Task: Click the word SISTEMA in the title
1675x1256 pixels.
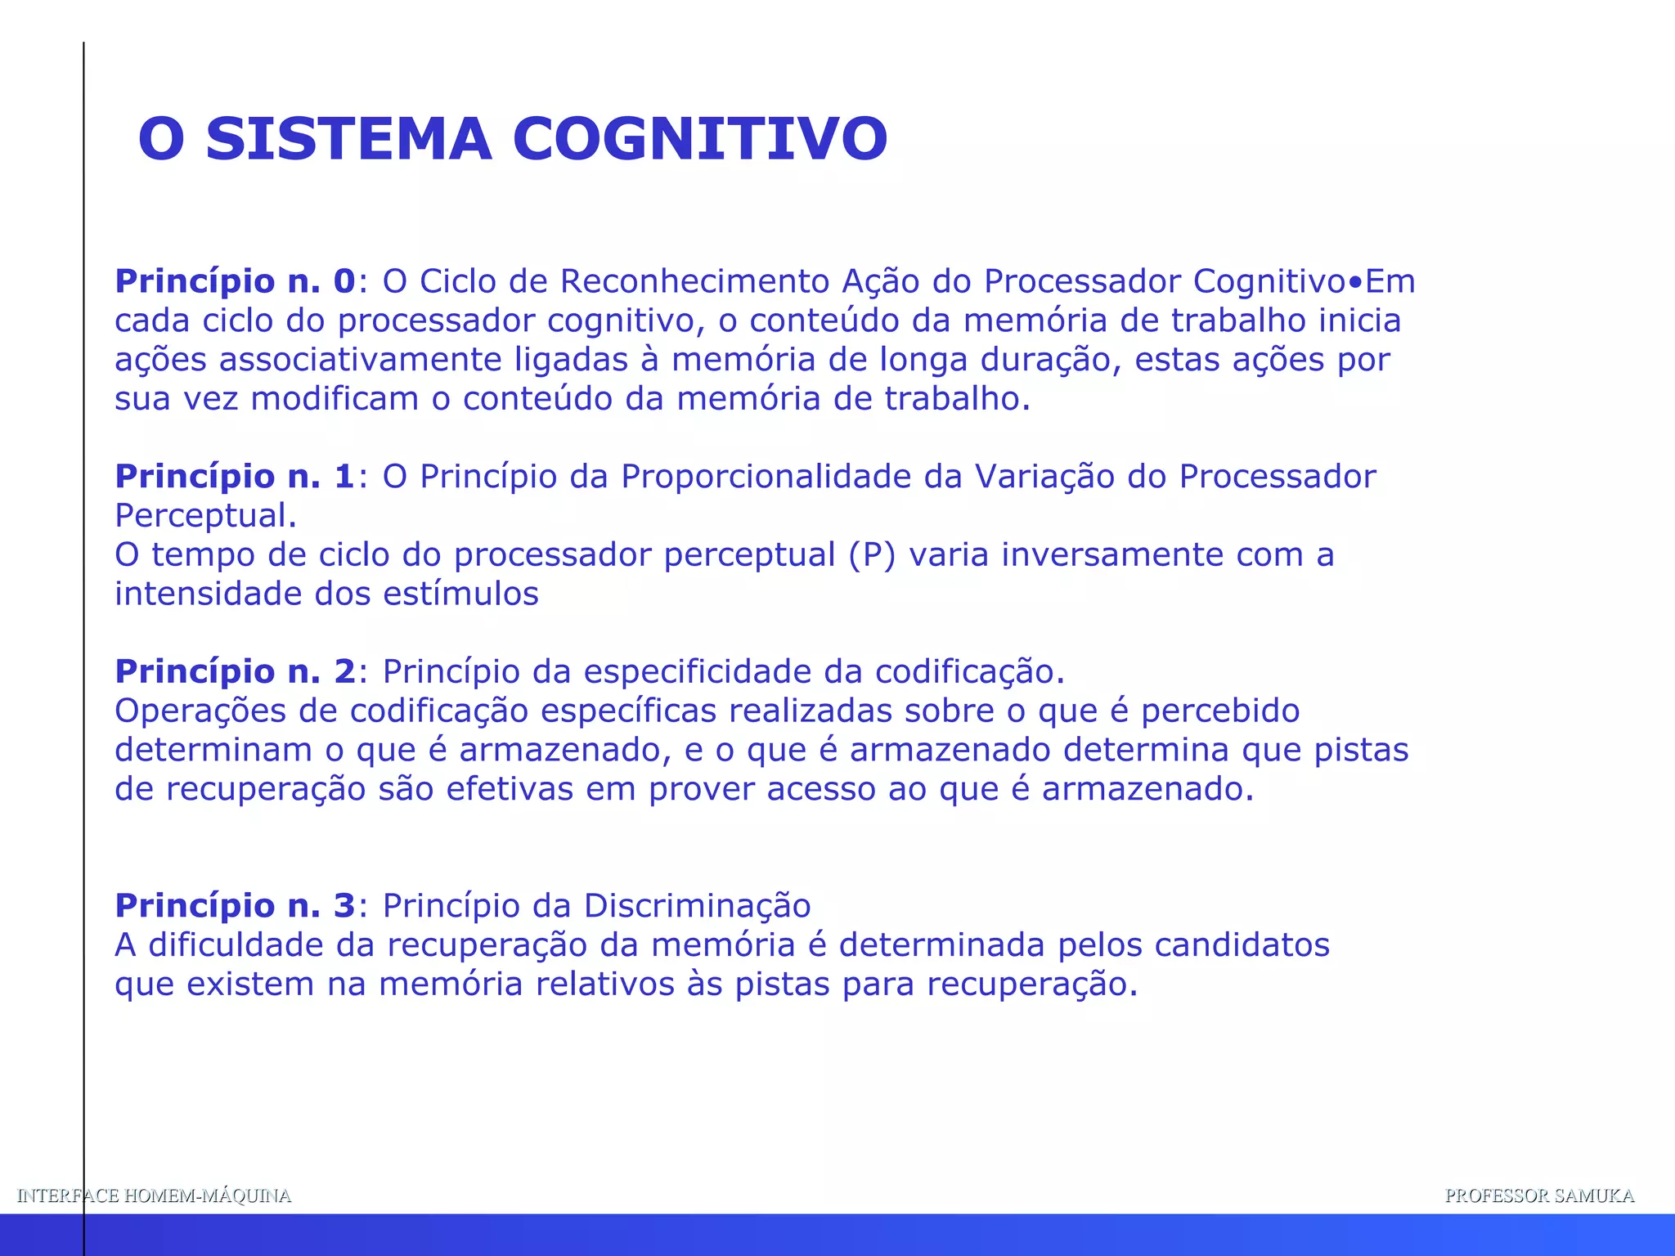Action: click(x=348, y=139)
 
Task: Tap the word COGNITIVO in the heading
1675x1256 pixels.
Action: click(x=700, y=139)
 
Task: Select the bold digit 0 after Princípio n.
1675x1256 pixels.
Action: click(x=344, y=281)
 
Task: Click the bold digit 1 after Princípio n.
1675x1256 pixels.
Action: click(x=344, y=477)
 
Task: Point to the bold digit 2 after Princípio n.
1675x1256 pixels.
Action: click(x=344, y=672)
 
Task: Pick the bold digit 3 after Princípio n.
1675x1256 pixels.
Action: click(x=344, y=906)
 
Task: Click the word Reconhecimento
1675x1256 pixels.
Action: click(x=695, y=281)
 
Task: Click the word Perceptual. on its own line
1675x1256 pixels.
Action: click(x=205, y=517)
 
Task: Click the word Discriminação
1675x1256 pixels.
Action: click(x=697, y=906)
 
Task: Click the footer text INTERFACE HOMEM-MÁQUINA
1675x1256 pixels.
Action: click(x=154, y=1195)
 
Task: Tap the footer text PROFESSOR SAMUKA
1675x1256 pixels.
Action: click(x=1539, y=1195)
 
